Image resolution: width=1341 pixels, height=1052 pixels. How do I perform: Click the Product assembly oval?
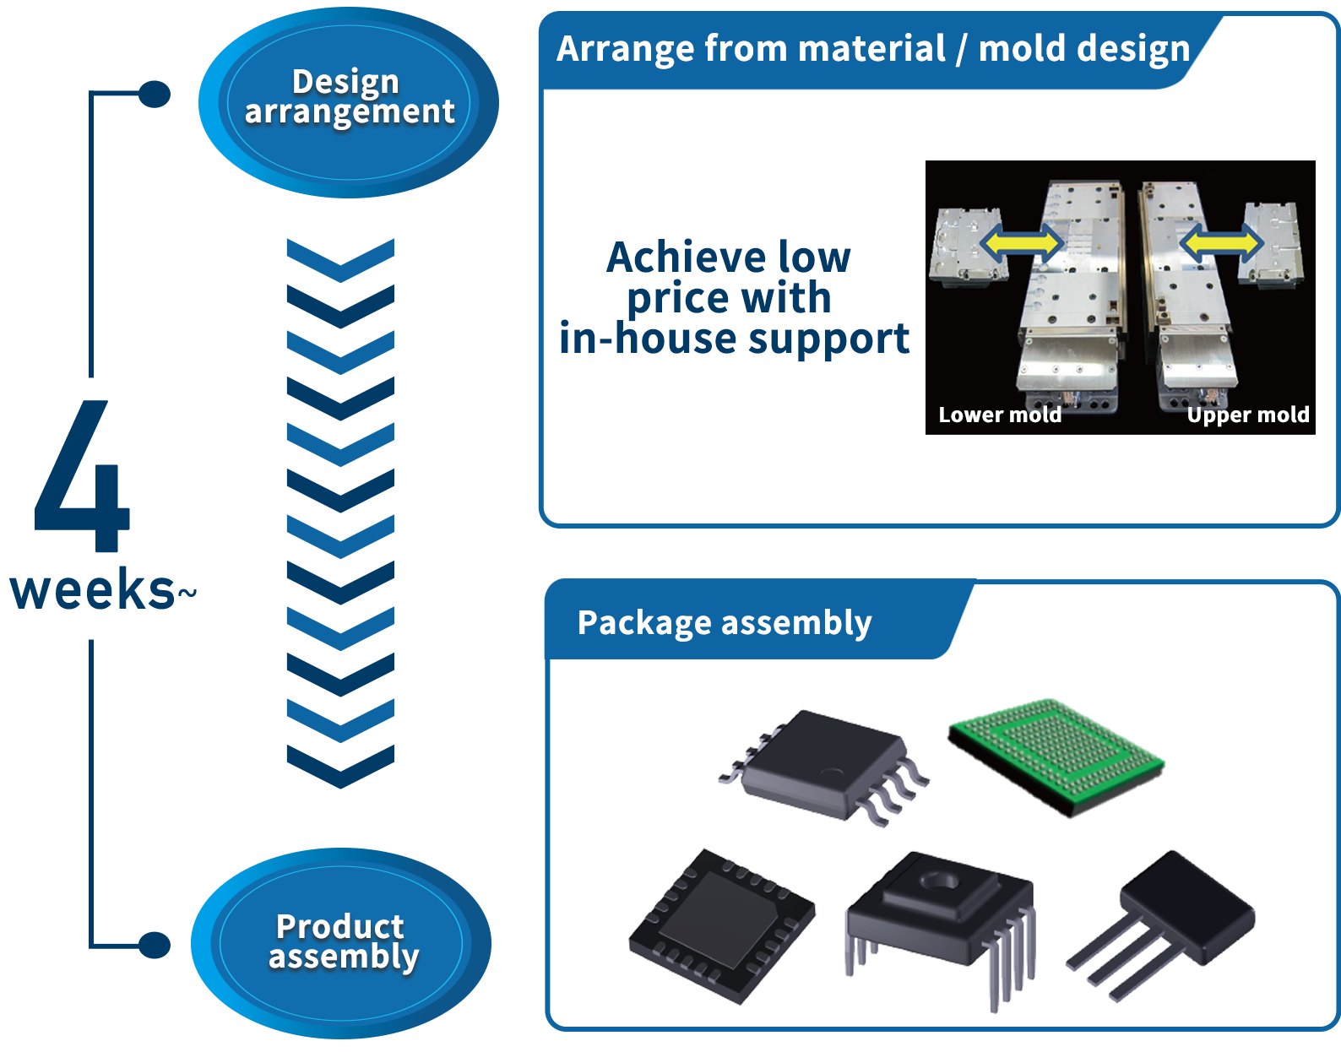(341, 942)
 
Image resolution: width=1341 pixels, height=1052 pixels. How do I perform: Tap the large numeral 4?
(83, 477)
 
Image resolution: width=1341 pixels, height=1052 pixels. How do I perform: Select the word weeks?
(92, 589)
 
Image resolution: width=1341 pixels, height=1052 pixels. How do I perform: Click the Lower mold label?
(1000, 415)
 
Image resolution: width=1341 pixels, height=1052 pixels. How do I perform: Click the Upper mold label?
(1247, 415)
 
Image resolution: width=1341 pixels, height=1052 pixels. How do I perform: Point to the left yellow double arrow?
(1021, 243)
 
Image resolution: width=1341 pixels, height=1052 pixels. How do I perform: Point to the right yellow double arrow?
(1221, 243)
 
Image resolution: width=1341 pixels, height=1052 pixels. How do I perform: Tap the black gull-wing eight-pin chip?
(823, 763)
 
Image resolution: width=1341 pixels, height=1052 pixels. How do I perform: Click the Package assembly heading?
(724, 623)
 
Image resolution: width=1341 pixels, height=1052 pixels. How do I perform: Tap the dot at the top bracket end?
(155, 94)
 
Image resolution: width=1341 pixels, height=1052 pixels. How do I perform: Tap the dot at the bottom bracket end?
(155, 945)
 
